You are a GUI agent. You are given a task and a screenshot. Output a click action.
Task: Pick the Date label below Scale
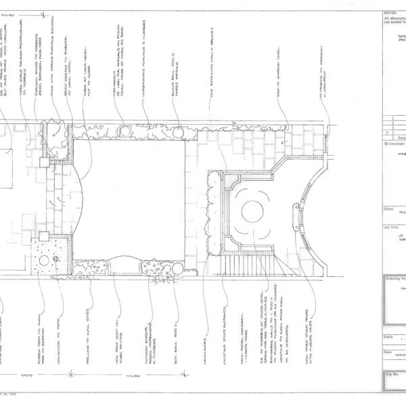coord(387,352)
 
